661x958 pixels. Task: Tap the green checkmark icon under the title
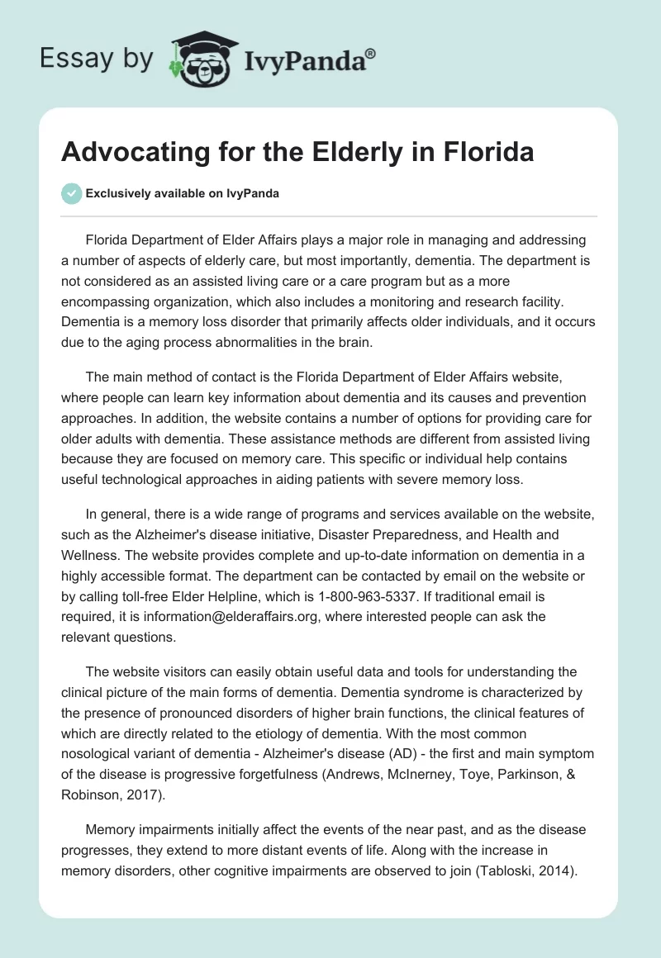click(71, 194)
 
